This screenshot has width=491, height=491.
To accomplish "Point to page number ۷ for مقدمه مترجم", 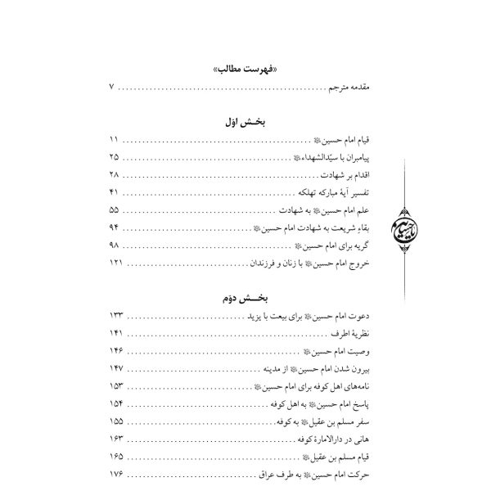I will (x=112, y=88).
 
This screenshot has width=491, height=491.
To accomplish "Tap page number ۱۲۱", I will (x=115, y=265).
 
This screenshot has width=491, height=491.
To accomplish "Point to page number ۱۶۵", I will (x=115, y=460).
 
